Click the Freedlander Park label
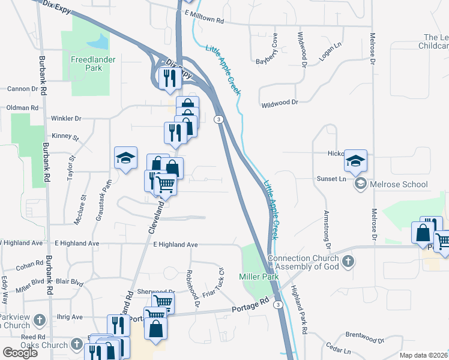tap(94, 64)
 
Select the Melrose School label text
tap(399, 184)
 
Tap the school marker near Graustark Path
tap(126, 158)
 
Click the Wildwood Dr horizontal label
tap(280, 103)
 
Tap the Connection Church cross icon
tap(349, 260)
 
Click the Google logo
tap(20, 352)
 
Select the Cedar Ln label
tap(338, 349)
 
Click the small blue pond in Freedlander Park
tap(98, 41)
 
